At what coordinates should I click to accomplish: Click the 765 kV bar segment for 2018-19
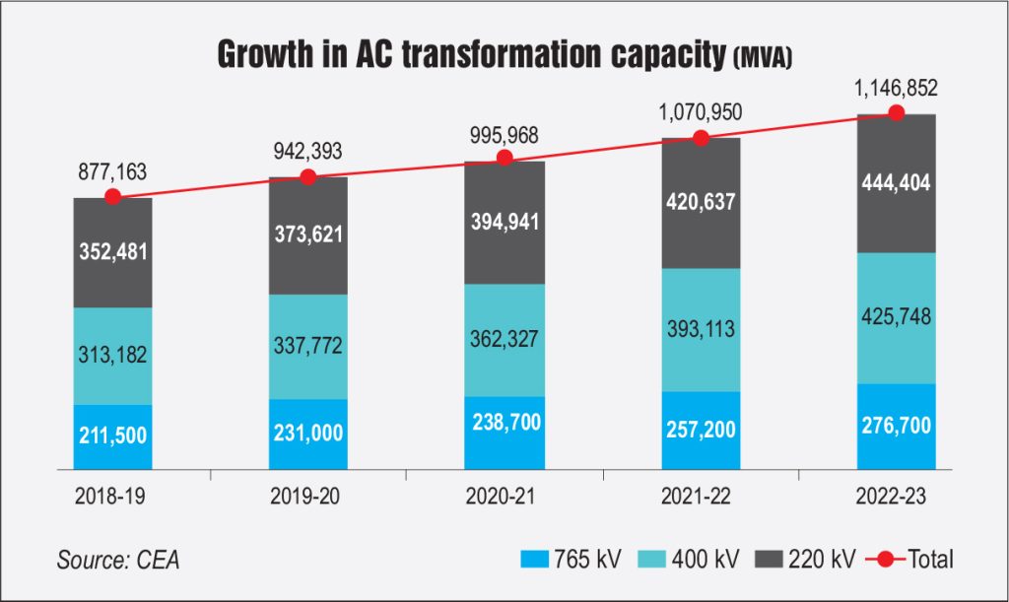(x=112, y=436)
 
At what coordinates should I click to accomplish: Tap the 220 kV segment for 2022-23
(x=896, y=184)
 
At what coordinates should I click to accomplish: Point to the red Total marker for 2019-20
(x=308, y=177)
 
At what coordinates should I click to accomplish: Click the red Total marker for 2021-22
(x=701, y=138)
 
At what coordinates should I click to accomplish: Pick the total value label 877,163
(x=112, y=171)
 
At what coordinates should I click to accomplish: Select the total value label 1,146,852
(x=895, y=89)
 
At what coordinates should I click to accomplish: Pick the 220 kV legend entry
(x=813, y=560)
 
